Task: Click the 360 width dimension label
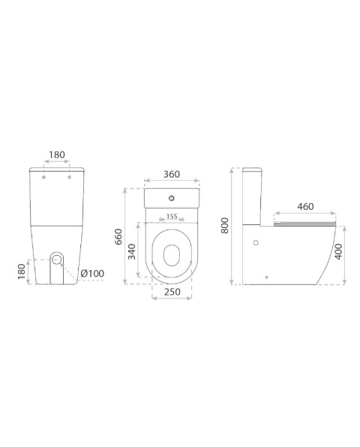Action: [x=172, y=174]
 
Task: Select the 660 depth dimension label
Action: [x=118, y=236]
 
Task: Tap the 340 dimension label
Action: [x=132, y=252]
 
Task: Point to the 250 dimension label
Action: [x=172, y=292]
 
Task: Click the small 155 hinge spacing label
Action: [x=172, y=216]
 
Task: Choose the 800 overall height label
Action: [x=225, y=226]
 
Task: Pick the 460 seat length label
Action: [x=305, y=206]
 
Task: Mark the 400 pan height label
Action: [x=338, y=251]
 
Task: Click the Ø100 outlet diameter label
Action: [x=92, y=274]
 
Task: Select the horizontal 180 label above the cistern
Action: [x=57, y=154]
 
